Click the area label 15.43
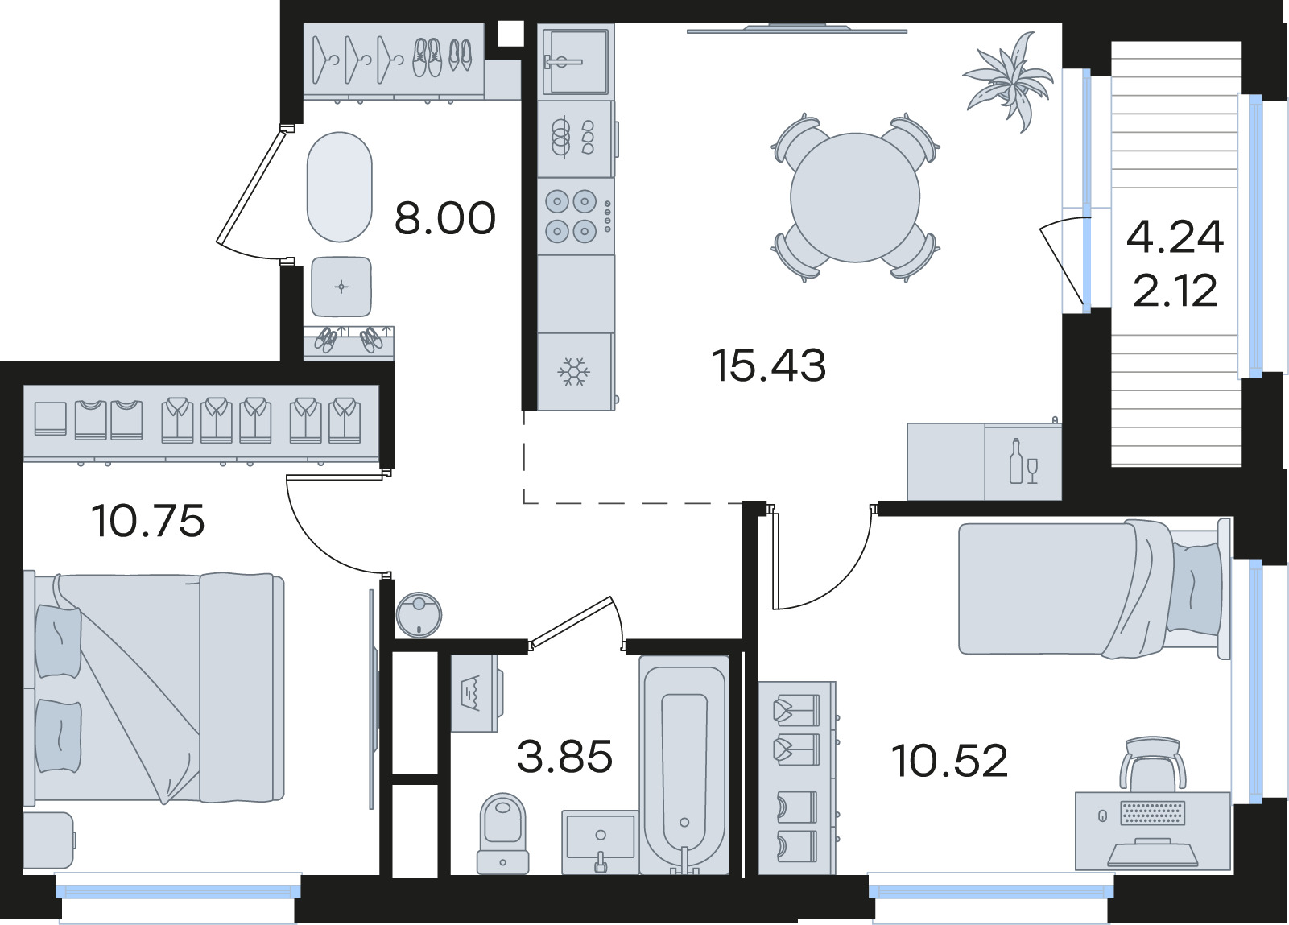coord(769,365)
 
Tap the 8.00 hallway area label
coord(444,218)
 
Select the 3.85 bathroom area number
coord(564,757)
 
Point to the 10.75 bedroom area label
coord(148,521)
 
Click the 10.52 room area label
coord(949,761)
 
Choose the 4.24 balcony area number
coord(1175,237)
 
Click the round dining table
coord(855,197)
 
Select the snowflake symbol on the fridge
coord(574,372)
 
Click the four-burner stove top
coord(576,217)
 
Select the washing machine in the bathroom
coord(475,693)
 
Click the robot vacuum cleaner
coord(419,615)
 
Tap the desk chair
coord(1153,765)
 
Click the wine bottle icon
coord(1016,461)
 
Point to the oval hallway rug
coord(340,188)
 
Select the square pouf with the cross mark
coord(341,287)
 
